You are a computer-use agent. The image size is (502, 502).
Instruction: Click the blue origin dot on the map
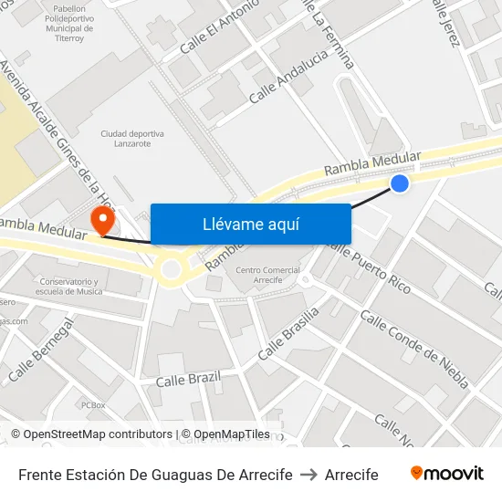(x=399, y=183)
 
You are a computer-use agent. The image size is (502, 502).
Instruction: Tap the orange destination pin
(x=102, y=219)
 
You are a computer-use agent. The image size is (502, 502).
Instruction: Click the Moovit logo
(x=446, y=474)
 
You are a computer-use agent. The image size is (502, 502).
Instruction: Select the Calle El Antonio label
(x=220, y=26)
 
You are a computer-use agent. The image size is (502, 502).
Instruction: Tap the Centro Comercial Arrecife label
(x=267, y=276)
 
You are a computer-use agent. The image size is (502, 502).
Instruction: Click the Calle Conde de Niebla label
(x=414, y=348)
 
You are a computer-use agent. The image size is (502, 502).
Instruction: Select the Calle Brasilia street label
(x=288, y=333)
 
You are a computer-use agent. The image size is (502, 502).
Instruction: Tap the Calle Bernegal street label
(x=39, y=351)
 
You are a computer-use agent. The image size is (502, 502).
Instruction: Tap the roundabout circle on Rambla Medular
(x=171, y=269)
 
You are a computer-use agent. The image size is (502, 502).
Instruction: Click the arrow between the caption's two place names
(x=308, y=475)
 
